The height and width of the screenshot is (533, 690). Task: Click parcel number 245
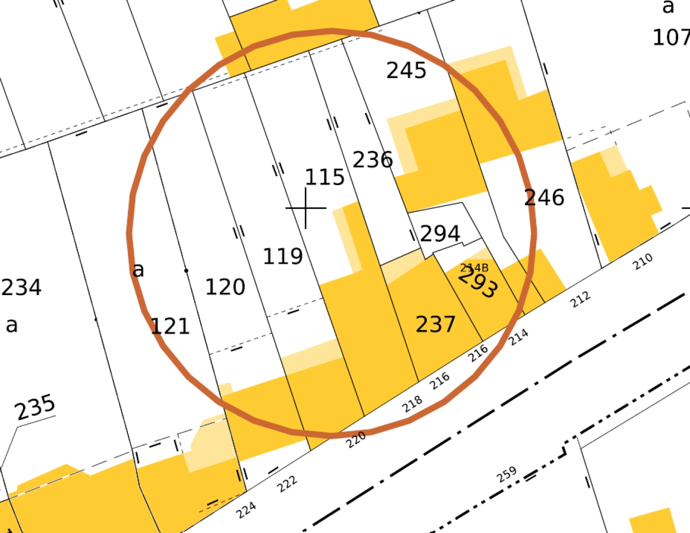point(406,71)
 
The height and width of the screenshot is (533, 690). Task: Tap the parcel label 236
point(372,160)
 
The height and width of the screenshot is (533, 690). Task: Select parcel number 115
point(325,177)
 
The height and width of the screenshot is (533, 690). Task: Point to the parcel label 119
point(283,256)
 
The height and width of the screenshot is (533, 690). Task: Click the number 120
point(225,287)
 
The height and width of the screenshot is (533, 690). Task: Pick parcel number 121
point(170,326)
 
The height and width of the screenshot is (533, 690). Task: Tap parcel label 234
point(21,287)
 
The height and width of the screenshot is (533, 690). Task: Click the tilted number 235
point(35,407)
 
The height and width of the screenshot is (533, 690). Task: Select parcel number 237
point(435,324)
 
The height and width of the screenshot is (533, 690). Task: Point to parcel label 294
point(440,233)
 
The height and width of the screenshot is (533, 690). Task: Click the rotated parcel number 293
point(478,284)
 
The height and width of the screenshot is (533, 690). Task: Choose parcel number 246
point(544,197)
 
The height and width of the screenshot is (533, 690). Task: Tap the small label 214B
point(474,268)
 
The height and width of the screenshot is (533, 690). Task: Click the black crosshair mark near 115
point(306,208)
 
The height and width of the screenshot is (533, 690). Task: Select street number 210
point(643,262)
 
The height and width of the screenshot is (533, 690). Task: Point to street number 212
point(580,299)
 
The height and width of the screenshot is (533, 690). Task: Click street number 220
point(356,439)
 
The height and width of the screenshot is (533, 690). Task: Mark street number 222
point(287,483)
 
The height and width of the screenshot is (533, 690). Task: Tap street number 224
point(246,510)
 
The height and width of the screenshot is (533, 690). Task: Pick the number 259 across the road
point(507,474)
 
